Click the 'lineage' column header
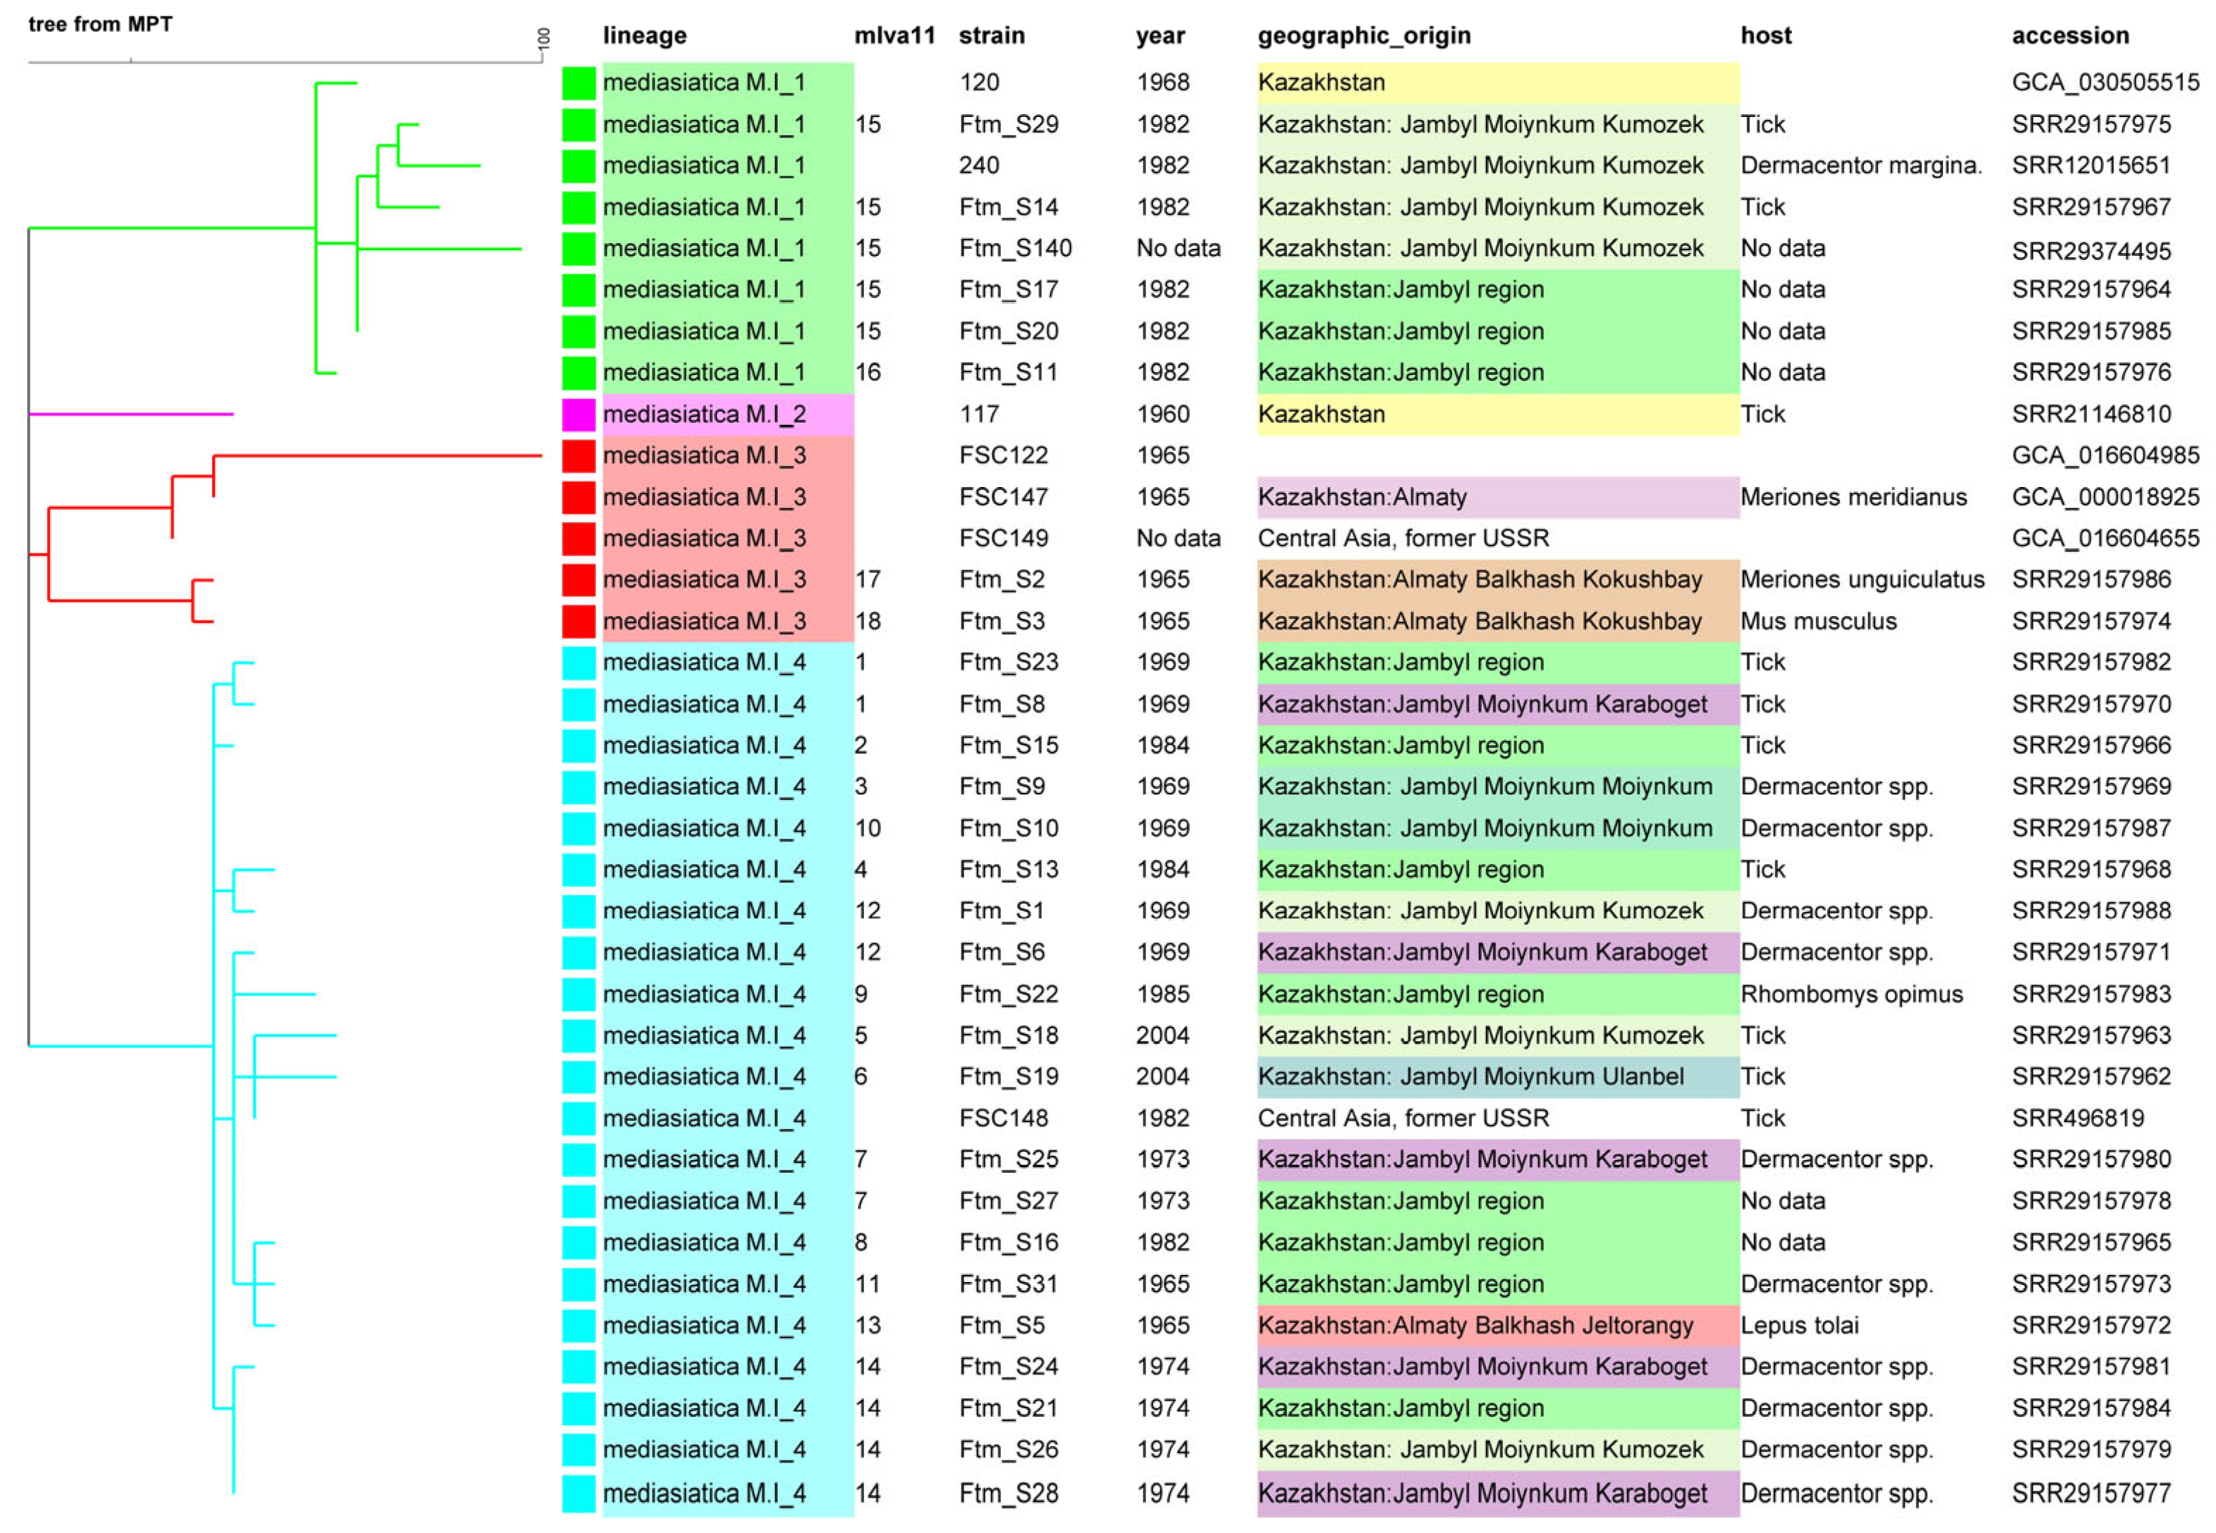coord(644,35)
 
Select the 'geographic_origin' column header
coord(1363,35)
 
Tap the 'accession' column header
coord(2070,35)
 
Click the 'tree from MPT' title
coord(100,24)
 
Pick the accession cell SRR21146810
coord(2091,414)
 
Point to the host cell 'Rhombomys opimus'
coord(1851,994)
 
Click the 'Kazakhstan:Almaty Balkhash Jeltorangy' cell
coord(1475,1326)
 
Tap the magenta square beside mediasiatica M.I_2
coord(578,414)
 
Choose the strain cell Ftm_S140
coord(1015,248)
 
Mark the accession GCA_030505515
coord(2105,82)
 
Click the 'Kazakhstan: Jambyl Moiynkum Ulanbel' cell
coord(1471,1077)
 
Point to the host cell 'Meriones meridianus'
coord(1853,497)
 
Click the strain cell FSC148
coord(1002,1118)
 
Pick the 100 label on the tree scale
coord(544,39)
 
